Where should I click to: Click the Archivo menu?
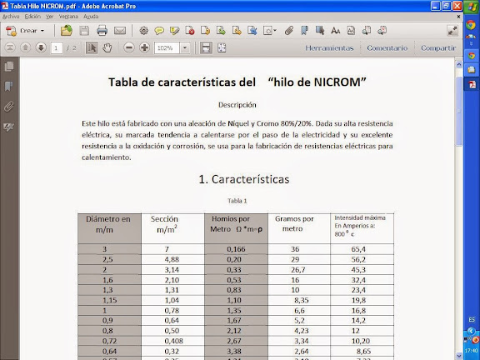click(11, 17)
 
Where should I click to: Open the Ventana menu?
click(68, 17)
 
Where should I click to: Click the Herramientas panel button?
click(329, 48)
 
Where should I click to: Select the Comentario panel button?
click(387, 48)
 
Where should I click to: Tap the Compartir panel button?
click(437, 48)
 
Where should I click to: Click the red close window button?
click(470, 6)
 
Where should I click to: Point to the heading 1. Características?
click(243, 179)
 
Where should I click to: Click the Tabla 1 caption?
click(237, 200)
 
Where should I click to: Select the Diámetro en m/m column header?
click(108, 223)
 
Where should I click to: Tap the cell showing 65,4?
click(359, 249)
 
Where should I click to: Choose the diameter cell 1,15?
click(108, 299)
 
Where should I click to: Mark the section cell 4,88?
click(172, 259)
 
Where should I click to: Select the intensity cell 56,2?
click(359, 259)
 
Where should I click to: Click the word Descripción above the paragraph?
click(237, 105)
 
